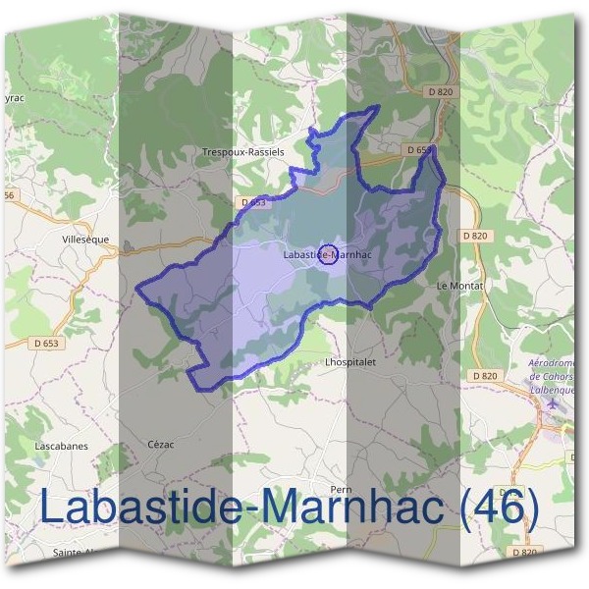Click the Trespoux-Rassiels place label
[242, 152]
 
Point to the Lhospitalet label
[350, 361]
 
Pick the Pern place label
[342, 489]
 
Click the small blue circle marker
[330, 253]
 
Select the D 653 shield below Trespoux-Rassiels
[252, 202]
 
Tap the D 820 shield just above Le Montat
[473, 236]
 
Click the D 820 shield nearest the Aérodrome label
[484, 376]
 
